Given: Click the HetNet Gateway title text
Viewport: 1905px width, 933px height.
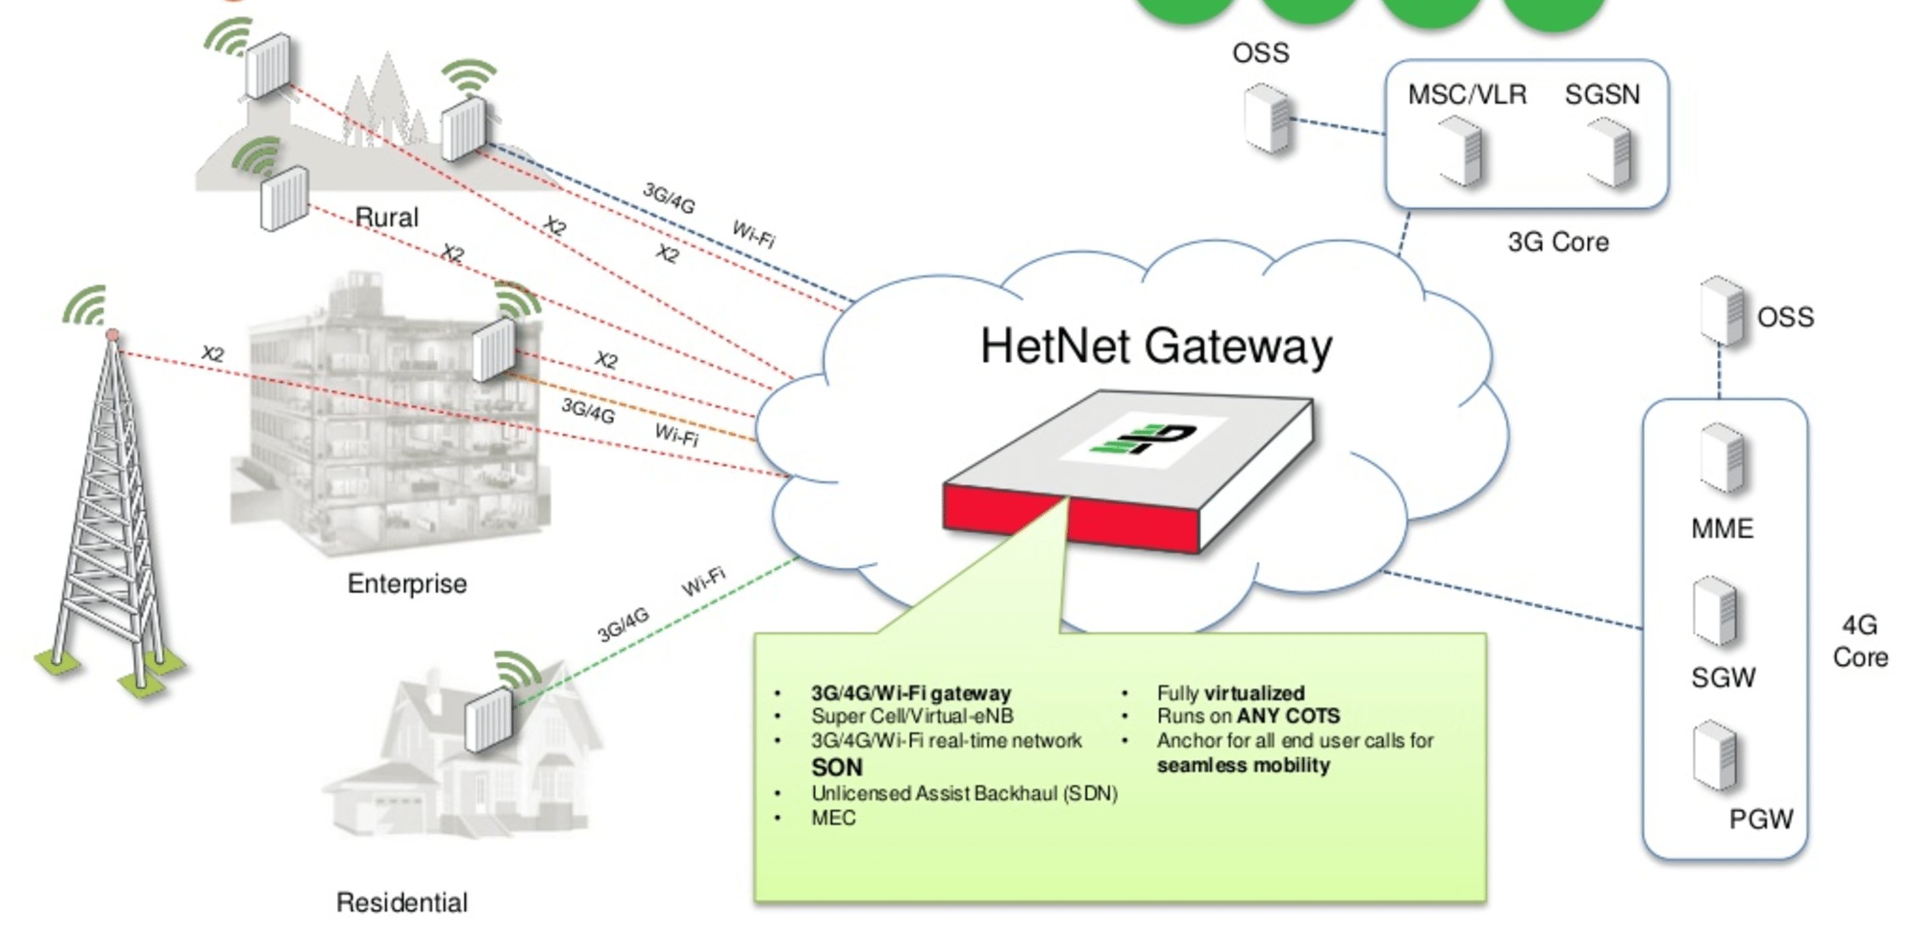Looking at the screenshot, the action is pyautogui.click(x=1156, y=348).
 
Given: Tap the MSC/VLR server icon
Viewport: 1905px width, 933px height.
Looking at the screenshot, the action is pyautogui.click(x=1461, y=153).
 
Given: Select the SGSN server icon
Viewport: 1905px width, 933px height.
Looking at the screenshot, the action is pyautogui.click(x=1609, y=153).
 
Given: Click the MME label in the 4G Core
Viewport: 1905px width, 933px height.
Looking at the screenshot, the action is pyautogui.click(x=1722, y=529).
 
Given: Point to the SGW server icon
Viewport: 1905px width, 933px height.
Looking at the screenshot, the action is pyautogui.click(x=1716, y=613).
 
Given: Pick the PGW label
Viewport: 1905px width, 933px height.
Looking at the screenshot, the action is pyautogui.click(x=1761, y=819).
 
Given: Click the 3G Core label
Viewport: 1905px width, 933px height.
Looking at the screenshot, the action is pyautogui.click(x=1558, y=242).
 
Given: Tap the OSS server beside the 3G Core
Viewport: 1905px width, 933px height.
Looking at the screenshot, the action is pyautogui.click(x=1267, y=119).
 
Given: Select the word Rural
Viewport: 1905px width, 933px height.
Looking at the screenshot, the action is pyautogui.click(x=387, y=217).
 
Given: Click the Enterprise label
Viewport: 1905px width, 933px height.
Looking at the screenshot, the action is pyautogui.click(x=407, y=584).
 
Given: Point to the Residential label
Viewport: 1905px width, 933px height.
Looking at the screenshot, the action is pyautogui.click(x=401, y=902).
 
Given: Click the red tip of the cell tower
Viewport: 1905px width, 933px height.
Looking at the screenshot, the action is pyautogui.click(x=112, y=336).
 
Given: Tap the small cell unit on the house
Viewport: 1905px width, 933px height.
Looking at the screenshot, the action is pyautogui.click(x=489, y=720).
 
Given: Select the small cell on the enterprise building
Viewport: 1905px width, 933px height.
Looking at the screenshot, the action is pyautogui.click(x=494, y=350).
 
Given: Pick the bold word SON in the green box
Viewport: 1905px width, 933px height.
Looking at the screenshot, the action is pyautogui.click(x=837, y=767).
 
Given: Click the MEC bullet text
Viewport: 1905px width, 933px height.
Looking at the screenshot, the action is pyautogui.click(x=834, y=818).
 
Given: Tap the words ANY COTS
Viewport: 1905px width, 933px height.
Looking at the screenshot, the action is pyautogui.click(x=1288, y=716).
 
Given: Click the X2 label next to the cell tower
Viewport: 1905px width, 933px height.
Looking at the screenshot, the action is pyautogui.click(x=212, y=353).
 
